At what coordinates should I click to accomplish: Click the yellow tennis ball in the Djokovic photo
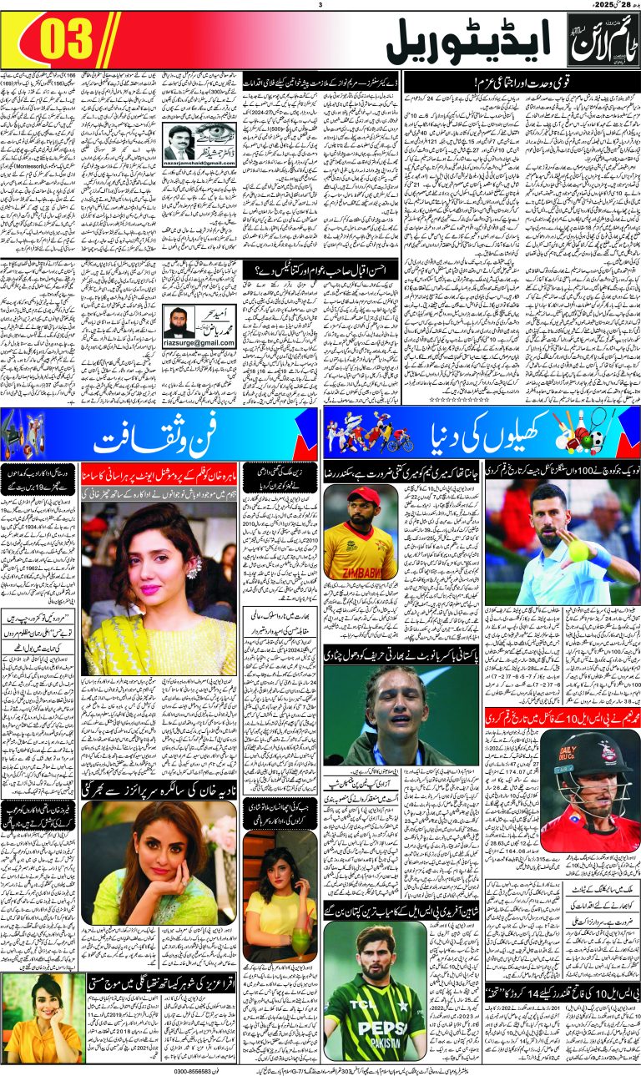[578, 549]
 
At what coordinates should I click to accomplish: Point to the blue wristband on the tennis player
[603, 558]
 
